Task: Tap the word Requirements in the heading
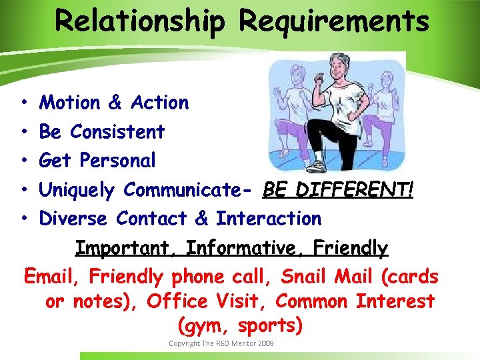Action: click(x=333, y=21)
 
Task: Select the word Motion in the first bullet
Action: click(x=69, y=103)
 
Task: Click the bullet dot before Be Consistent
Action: click(x=23, y=132)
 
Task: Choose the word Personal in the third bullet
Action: click(x=117, y=161)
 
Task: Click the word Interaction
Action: click(x=268, y=219)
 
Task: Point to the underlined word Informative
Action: click(x=250, y=248)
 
